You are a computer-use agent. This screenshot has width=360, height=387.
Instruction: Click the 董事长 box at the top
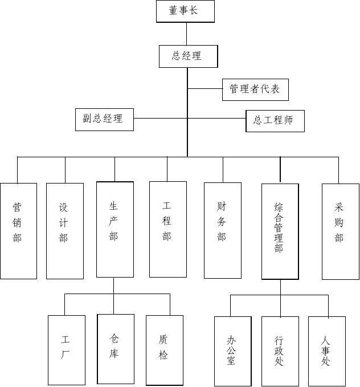[185, 11]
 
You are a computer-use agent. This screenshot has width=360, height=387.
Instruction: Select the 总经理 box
[187, 56]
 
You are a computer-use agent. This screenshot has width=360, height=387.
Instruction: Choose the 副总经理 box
[104, 119]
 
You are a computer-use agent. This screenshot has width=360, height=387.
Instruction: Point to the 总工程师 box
[275, 121]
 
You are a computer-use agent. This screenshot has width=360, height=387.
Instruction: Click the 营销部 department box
[18, 231]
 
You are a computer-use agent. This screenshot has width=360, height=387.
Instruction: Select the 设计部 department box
[64, 231]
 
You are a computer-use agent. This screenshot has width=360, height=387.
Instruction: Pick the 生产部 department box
[114, 229]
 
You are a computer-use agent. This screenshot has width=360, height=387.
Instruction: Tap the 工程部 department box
[167, 229]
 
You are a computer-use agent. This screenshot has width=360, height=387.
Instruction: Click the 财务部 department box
[223, 230]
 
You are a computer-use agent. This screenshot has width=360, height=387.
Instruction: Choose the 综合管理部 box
[280, 231]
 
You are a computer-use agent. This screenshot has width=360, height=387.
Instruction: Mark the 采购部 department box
[340, 231]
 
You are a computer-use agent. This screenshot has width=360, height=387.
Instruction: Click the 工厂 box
[66, 350]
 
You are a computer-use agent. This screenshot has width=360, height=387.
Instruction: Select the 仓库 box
[116, 348]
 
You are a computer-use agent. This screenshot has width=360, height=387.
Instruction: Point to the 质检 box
[164, 349]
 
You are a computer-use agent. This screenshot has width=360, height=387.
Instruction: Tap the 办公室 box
[232, 351]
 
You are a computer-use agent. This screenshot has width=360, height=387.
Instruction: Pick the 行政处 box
[280, 351]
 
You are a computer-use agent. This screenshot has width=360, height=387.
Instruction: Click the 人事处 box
[327, 351]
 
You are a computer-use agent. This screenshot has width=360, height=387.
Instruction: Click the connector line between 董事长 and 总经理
[186, 34]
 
